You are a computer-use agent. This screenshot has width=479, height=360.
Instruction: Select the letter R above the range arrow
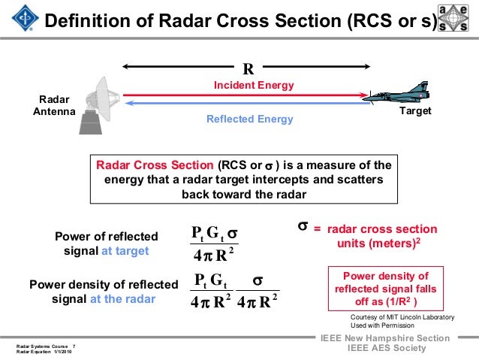[247, 69]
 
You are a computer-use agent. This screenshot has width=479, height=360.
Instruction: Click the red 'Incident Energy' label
[254, 86]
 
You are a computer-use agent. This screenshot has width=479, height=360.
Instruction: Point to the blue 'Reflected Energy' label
[249, 119]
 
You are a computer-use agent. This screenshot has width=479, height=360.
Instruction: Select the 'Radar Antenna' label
[53, 105]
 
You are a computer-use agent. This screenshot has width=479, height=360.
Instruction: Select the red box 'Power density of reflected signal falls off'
[385, 288]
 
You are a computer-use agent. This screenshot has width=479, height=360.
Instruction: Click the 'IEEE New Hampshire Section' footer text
[385, 338]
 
